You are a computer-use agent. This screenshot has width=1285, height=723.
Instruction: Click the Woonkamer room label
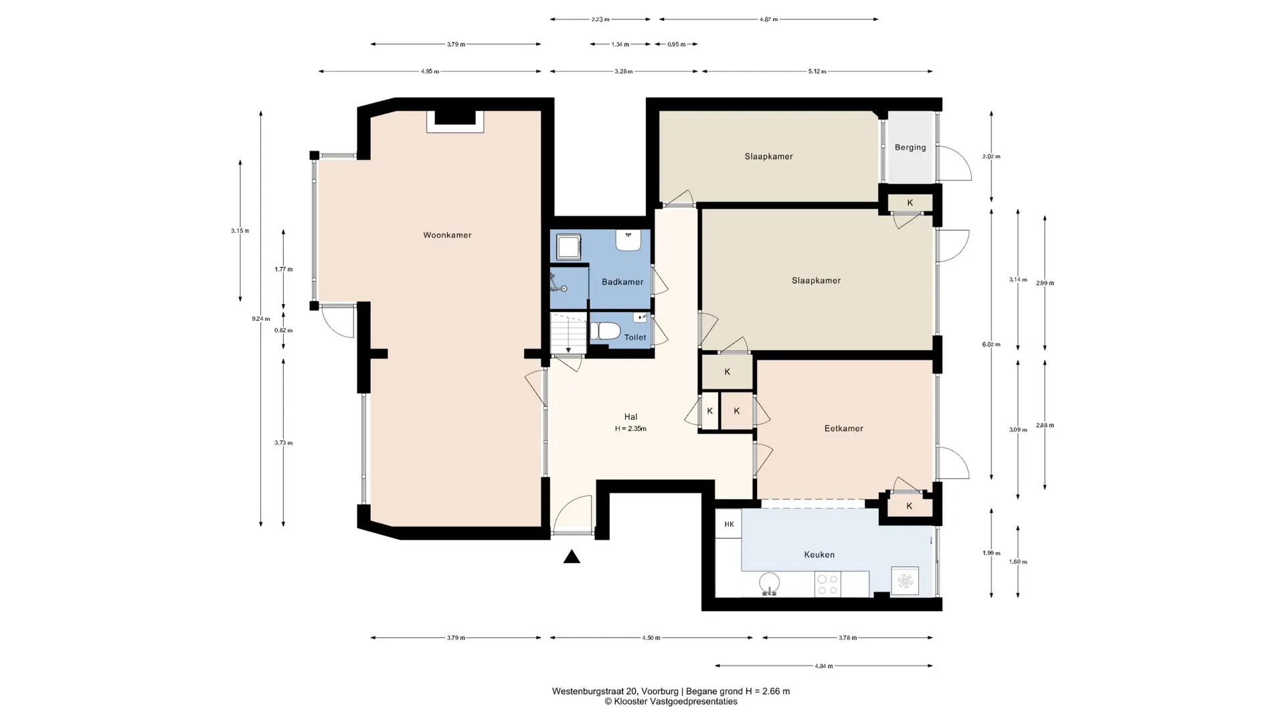click(x=447, y=235)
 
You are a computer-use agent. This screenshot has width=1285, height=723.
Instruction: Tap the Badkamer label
click(x=622, y=282)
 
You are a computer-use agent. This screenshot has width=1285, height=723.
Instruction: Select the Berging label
click(x=910, y=147)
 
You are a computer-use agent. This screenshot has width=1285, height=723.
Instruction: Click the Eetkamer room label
click(x=843, y=428)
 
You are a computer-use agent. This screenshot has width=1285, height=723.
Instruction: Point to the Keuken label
click(x=819, y=554)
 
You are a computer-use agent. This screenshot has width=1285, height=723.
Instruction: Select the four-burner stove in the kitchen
click(x=828, y=584)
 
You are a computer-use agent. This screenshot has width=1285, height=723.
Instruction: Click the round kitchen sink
click(x=770, y=584)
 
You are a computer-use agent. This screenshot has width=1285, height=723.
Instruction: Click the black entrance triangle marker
click(x=572, y=556)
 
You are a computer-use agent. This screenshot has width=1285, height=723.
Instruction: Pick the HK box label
click(x=729, y=524)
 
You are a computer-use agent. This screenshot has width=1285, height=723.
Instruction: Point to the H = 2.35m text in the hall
click(x=630, y=429)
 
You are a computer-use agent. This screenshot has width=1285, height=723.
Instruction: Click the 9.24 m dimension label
click(x=261, y=319)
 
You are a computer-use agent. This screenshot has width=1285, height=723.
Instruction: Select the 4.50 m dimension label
click(x=651, y=638)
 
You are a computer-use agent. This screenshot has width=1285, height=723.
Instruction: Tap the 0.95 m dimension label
click(x=677, y=44)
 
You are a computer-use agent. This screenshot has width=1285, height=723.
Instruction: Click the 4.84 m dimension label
click(x=824, y=666)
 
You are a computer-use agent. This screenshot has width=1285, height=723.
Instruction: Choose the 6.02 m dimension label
click(x=991, y=345)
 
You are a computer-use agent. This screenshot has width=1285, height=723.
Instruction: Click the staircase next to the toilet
click(x=568, y=333)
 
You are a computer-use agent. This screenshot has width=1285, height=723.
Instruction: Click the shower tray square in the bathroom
click(x=570, y=246)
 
